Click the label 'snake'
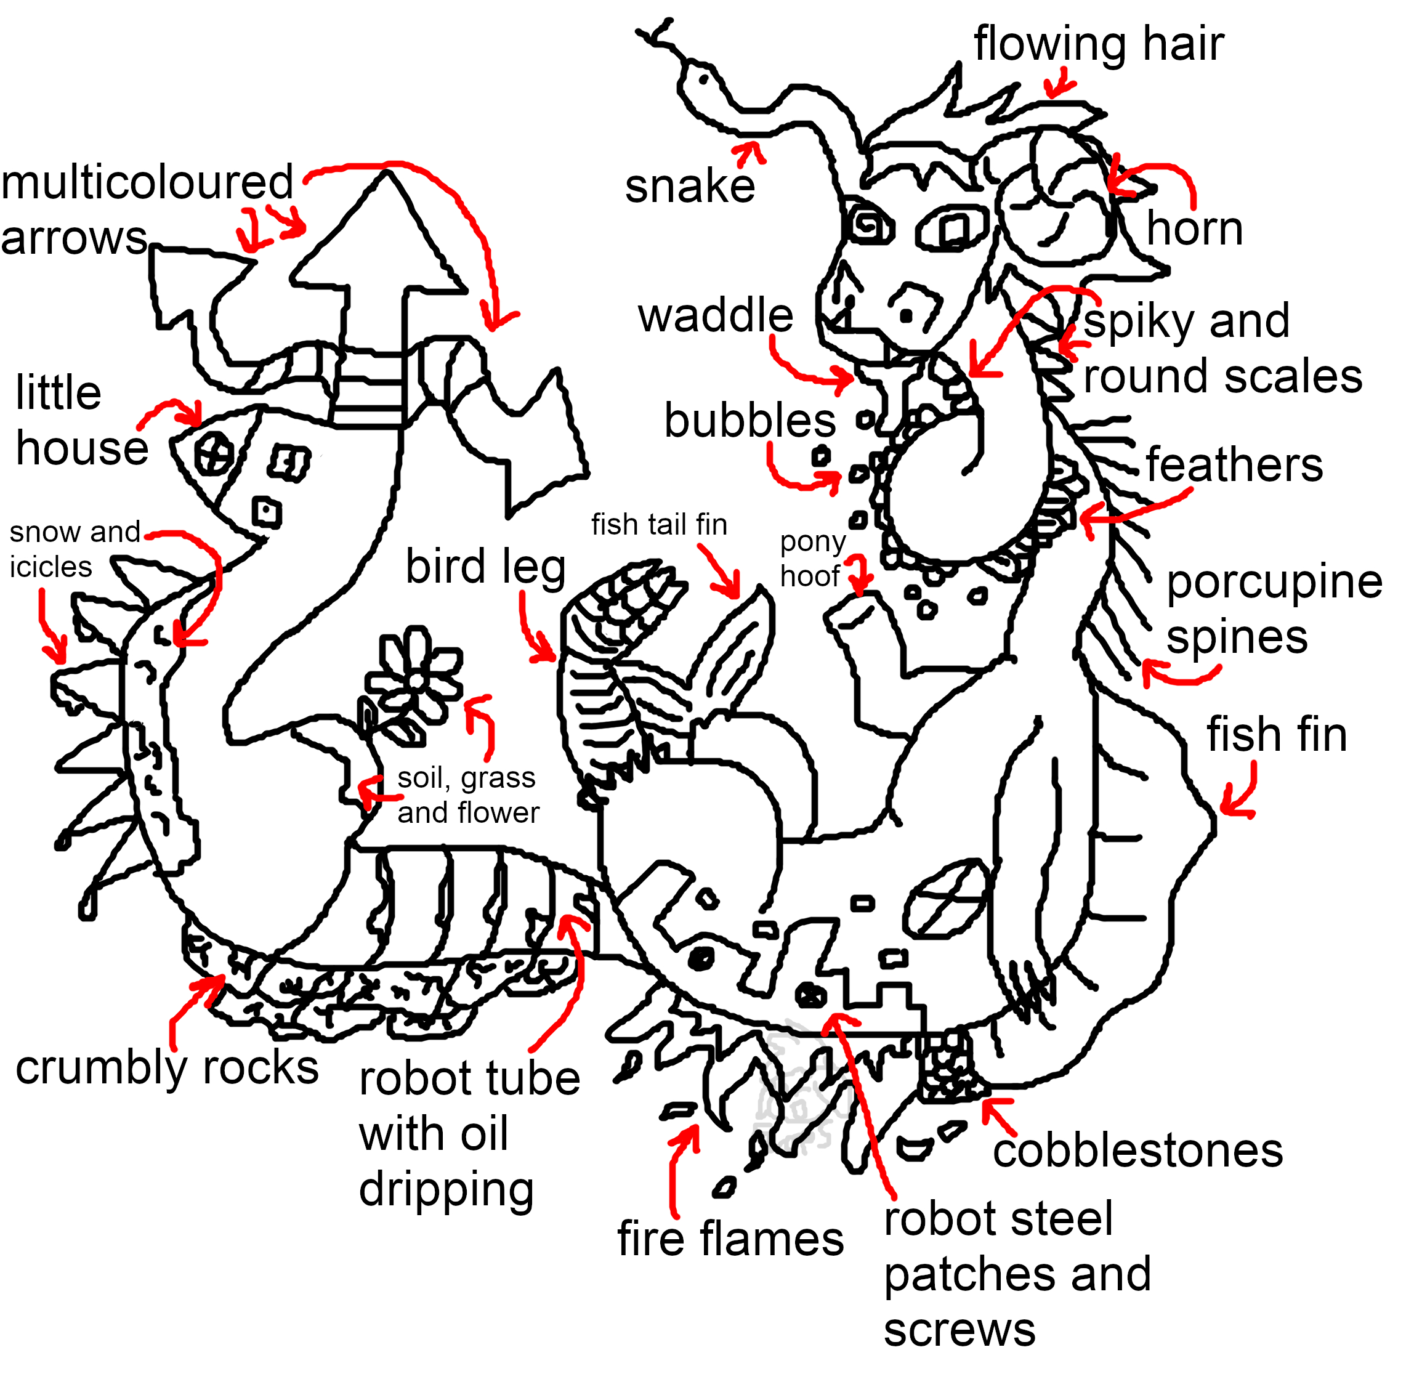(689, 187)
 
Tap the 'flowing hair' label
(1098, 44)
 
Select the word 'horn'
(1194, 228)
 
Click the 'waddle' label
(716, 315)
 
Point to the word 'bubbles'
(749, 421)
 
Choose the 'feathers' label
(1234, 465)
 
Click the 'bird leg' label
(485, 567)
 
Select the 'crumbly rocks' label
(167, 1068)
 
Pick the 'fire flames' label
(730, 1239)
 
